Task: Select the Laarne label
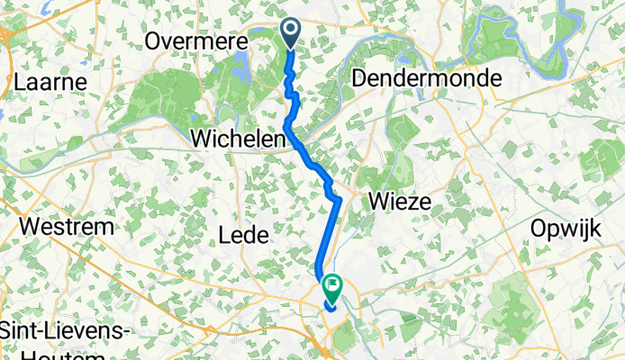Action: tap(50, 82)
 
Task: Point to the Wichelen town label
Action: tap(239, 139)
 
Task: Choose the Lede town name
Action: tap(244, 236)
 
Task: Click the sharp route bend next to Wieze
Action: tap(339, 199)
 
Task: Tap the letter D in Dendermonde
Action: tap(361, 78)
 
